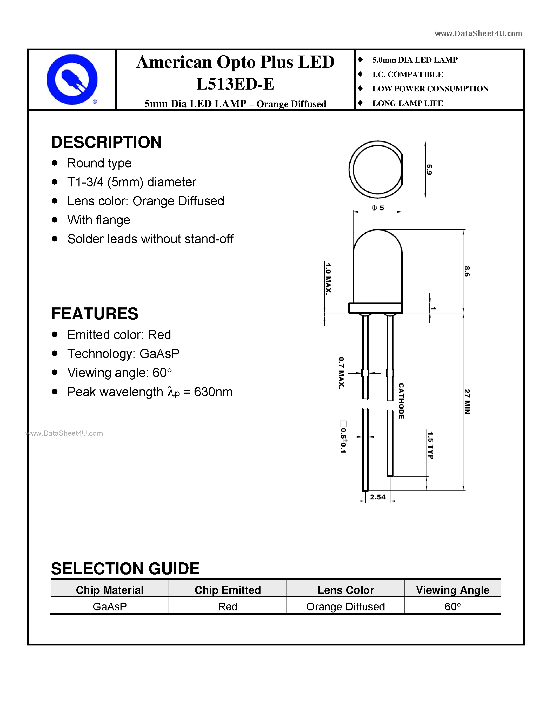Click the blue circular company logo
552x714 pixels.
point(72,79)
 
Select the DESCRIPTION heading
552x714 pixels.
point(106,142)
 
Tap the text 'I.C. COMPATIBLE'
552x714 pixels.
point(408,75)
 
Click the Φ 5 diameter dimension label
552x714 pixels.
point(378,208)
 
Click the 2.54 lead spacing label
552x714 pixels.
point(378,497)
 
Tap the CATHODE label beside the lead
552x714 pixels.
point(401,401)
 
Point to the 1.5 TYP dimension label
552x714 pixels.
point(431,445)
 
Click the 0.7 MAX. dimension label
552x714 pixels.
point(341,373)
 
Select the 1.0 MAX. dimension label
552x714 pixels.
point(328,279)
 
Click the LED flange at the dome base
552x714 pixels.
point(375,308)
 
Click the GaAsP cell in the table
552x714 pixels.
point(110,607)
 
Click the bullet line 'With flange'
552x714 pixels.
point(99,220)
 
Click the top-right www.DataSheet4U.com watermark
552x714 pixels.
point(478,34)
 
